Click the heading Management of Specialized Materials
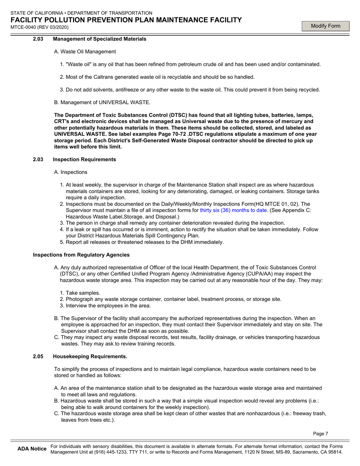coord(99,39)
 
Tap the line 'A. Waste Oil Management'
coord(85,52)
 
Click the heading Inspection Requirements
coord(85,160)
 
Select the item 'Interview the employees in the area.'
coord(108,306)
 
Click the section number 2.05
coord(39,357)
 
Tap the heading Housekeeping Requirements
coord(90,357)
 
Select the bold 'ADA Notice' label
coord(32,449)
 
